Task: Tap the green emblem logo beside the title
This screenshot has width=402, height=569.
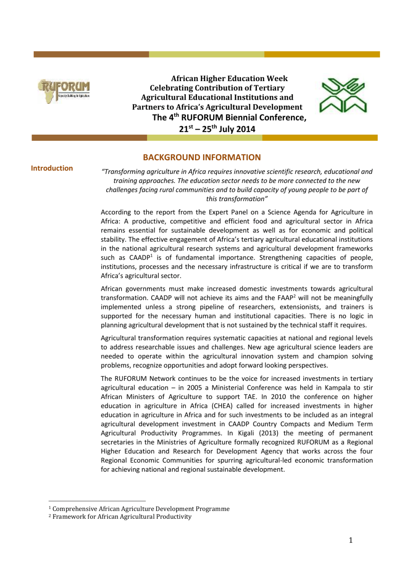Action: pos(343,95)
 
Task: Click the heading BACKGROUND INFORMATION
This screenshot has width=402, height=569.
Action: pos(202,157)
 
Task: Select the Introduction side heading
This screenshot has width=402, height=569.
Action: pos(52,168)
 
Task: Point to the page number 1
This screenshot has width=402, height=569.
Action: pos(351,540)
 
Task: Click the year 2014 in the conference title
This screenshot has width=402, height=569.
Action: pos(245,129)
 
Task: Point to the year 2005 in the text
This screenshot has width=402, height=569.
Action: pos(194,388)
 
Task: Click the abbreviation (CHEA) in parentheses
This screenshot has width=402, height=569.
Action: pos(222,406)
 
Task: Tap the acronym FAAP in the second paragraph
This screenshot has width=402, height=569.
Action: pos(285,298)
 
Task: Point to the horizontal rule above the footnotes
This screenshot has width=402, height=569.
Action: pos(97,501)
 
